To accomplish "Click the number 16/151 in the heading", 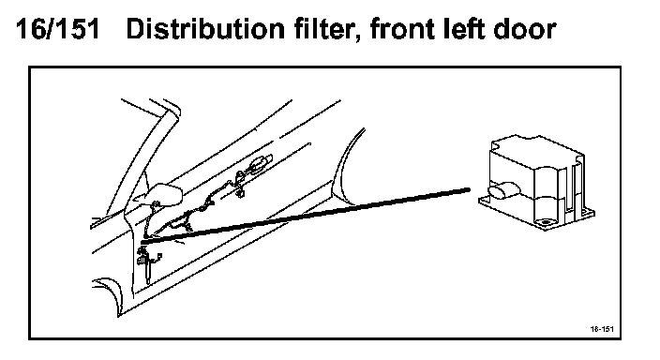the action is (58, 29).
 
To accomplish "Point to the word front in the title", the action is (401, 30).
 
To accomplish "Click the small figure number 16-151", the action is (602, 329).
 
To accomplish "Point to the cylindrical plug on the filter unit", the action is (503, 190).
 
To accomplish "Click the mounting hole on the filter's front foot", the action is (546, 222).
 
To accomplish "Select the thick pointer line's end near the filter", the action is (469, 190).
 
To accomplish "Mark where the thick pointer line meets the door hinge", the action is (144, 241).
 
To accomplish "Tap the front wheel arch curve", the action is (111, 291).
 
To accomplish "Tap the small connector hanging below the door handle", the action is (241, 193).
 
